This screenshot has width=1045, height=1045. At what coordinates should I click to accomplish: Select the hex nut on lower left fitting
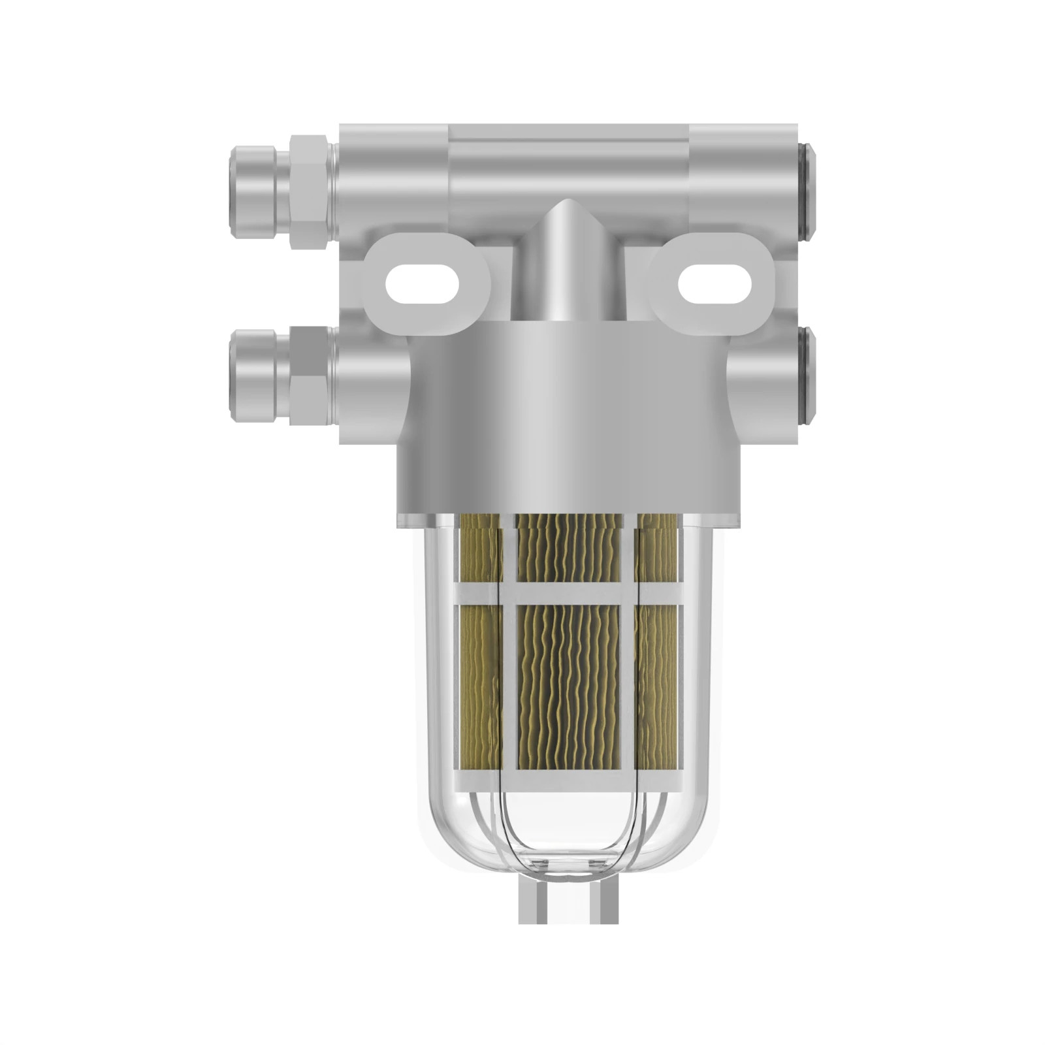coord(309,376)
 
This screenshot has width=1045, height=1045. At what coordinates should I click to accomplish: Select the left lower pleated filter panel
coord(479,686)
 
